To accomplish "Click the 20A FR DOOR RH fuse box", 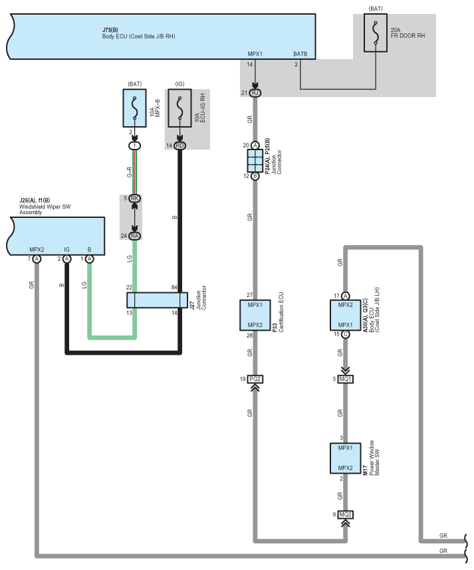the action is point(376,33).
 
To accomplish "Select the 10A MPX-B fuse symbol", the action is point(134,108).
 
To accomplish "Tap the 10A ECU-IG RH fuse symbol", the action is point(179,108).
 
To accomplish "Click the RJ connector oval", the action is point(255,93).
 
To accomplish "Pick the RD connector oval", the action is point(179,145).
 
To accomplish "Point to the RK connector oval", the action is point(134,198).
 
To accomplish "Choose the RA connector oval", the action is point(134,236).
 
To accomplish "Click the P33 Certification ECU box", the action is point(255,315).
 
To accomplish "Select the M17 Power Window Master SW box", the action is point(345,458).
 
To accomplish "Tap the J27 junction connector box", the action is point(157,300).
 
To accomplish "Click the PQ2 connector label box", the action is point(255,379).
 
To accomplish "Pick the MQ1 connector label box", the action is point(345,379).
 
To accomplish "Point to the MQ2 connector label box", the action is point(345,514).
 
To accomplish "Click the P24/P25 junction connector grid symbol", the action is point(255,161).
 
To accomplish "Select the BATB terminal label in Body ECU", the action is point(300,54).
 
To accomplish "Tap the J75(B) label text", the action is point(110,30).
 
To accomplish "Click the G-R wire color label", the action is point(129,172).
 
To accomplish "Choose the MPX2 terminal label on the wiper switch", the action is point(37,250).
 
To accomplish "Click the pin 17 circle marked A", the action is point(345,296).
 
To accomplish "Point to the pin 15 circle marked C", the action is point(345,334).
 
